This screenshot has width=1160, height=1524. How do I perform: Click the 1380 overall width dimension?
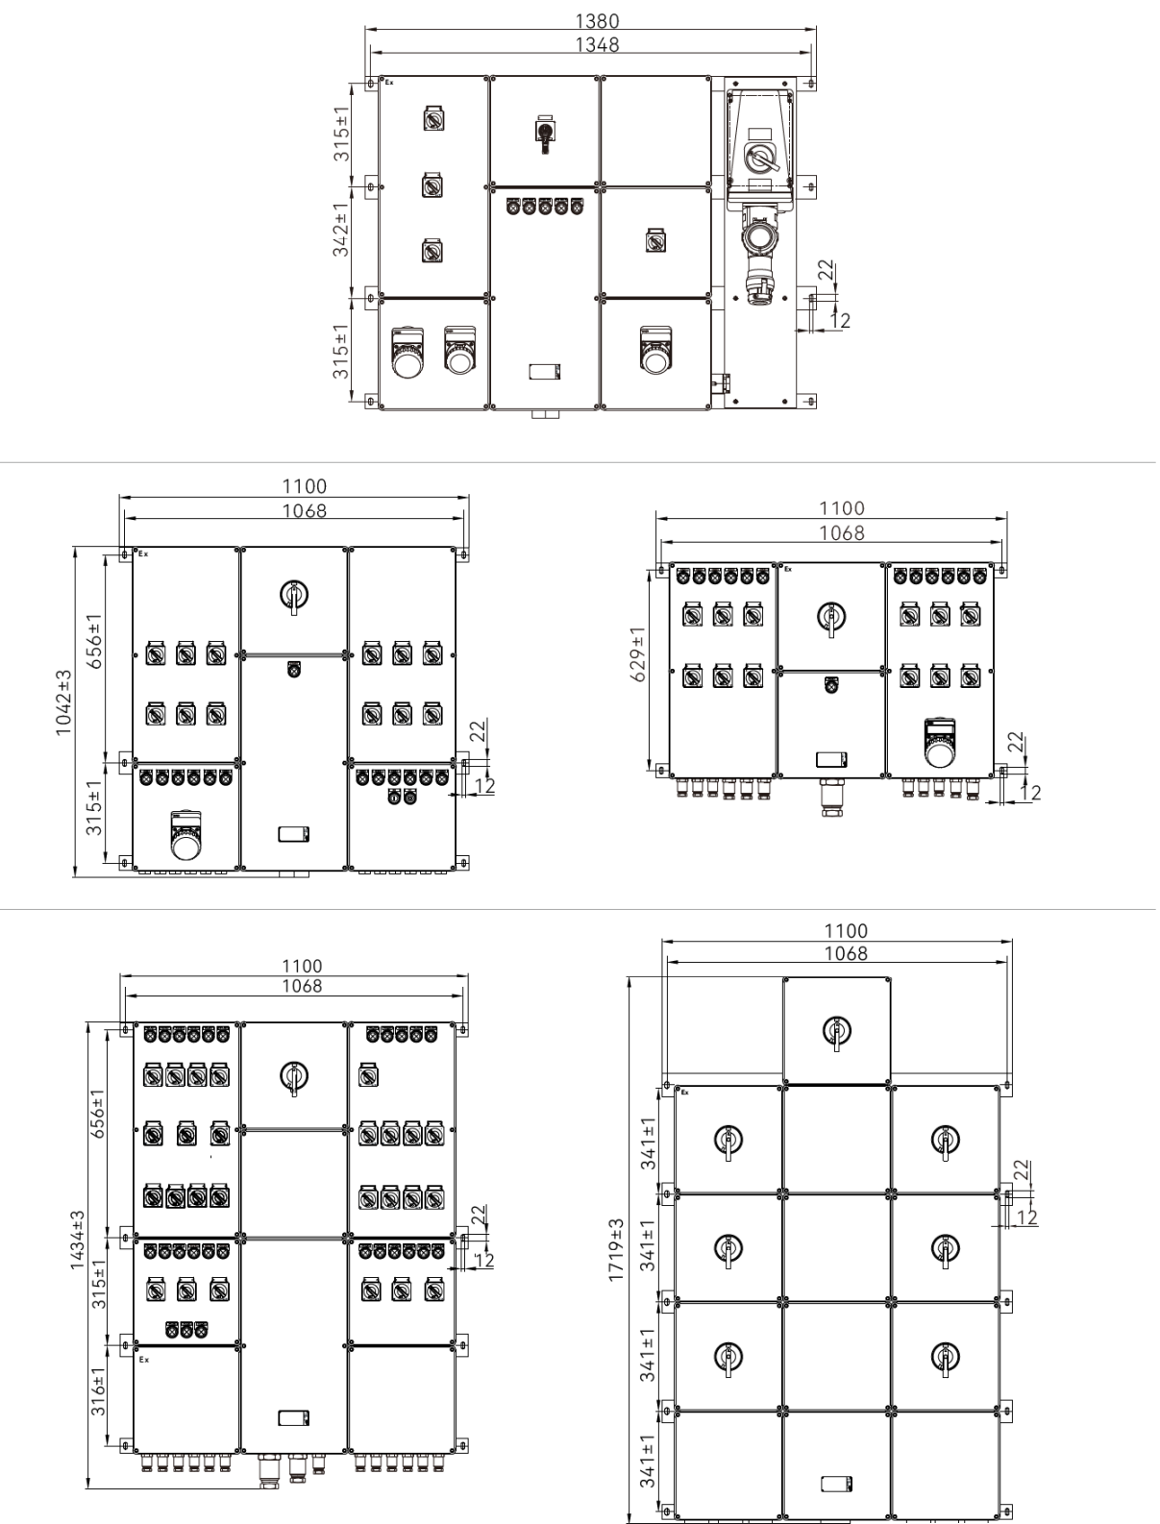coord(596,21)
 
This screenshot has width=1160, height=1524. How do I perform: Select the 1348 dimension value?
coord(596,44)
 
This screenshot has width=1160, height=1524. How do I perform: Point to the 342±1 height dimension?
coord(340,230)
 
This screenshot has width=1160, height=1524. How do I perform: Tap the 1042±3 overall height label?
coord(63,702)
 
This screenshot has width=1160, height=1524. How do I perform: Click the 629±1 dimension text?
coord(638,654)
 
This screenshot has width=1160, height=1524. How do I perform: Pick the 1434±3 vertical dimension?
coord(78,1241)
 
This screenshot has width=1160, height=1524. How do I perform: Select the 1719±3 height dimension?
coord(615,1250)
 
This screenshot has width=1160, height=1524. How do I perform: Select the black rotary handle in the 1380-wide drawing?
coord(545,133)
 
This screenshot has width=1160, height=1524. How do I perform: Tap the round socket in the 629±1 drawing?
coord(939,744)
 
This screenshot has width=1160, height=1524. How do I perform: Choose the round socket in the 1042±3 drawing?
coord(186,835)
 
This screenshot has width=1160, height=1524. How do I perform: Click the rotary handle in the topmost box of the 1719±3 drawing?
coord(836,1031)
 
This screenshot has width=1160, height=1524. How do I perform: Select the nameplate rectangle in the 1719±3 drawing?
coord(836,1485)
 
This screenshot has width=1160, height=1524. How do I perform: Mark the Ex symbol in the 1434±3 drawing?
coord(144,1360)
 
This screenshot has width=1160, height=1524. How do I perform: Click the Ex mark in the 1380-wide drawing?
coord(389,83)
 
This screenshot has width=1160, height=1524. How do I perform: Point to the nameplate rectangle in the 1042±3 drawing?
coord(293,834)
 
